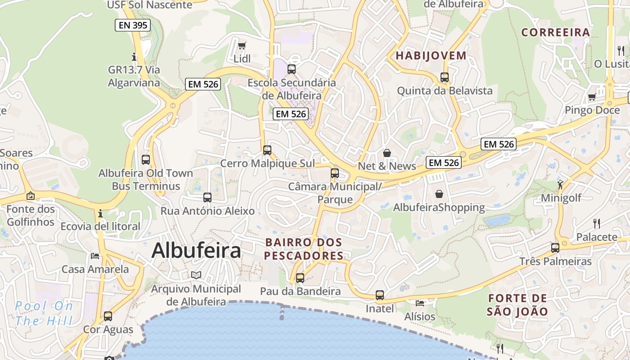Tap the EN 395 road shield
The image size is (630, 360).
point(132,25)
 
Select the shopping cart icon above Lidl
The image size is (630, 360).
point(242,45)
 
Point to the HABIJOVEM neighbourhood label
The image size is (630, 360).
point(431,56)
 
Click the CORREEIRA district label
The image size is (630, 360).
point(555,32)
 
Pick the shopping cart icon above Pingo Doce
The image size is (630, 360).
point(592,97)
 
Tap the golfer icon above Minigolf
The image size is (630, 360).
point(560,184)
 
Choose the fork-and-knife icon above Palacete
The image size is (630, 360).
point(597,223)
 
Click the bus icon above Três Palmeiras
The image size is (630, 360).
point(555,248)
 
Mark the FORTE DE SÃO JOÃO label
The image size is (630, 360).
point(517,305)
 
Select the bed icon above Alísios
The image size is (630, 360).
point(420,303)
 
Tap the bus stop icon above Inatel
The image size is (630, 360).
point(380,295)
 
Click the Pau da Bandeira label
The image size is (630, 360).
point(300,292)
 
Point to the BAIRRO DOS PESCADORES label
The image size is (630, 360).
point(304,249)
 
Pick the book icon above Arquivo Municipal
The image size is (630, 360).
point(196,275)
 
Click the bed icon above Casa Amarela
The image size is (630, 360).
point(95,256)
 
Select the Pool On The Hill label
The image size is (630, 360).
point(44,314)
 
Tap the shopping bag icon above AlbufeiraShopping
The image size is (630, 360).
point(439,194)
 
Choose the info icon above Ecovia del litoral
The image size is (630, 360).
point(100,213)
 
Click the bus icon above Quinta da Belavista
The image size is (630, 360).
point(445,77)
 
